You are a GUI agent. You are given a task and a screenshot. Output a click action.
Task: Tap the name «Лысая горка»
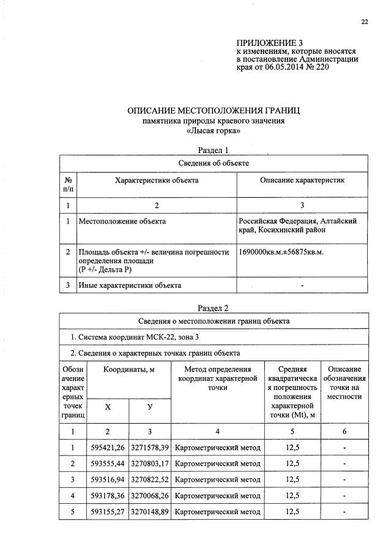pyautogui.click(x=214, y=130)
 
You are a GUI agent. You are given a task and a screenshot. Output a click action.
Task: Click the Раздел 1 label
pyautogui.click(x=214, y=150)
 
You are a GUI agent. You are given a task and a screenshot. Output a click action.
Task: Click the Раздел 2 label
pyautogui.click(x=214, y=308)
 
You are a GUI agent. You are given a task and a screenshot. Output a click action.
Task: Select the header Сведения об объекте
pyautogui.click(x=214, y=163)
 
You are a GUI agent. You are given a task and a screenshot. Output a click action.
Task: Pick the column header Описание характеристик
pyautogui.click(x=302, y=181)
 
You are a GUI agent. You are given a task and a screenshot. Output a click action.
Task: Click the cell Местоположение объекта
pyautogui.click(x=122, y=221)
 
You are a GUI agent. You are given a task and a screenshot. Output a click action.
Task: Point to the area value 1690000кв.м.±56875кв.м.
pyautogui.click(x=281, y=252)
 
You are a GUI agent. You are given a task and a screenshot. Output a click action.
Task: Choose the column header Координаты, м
pyautogui.click(x=129, y=370)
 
